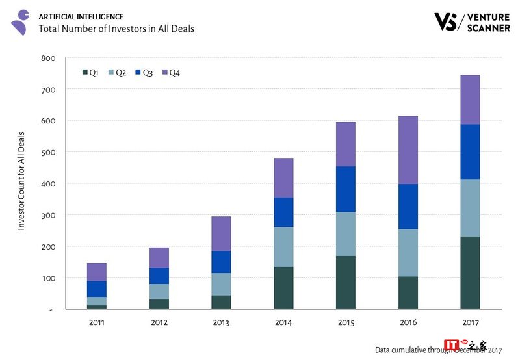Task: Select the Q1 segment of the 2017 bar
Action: click(x=470, y=273)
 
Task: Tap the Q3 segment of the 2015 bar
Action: click(x=346, y=189)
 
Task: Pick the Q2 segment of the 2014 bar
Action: click(x=283, y=247)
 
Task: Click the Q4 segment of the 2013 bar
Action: click(x=221, y=234)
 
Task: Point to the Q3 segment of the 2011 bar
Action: click(x=96, y=289)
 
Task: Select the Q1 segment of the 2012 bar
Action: click(x=159, y=304)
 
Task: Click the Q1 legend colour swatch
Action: click(x=85, y=73)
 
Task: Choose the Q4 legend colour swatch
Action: click(x=165, y=73)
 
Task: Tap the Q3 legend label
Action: click(x=148, y=73)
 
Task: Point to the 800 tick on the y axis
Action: click(x=49, y=58)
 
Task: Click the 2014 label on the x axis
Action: click(x=283, y=322)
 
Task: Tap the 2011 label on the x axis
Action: click(x=96, y=322)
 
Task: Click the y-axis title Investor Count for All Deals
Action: click(x=21, y=179)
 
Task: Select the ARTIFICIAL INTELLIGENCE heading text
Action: click(x=81, y=16)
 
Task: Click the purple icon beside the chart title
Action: click(x=20, y=21)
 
